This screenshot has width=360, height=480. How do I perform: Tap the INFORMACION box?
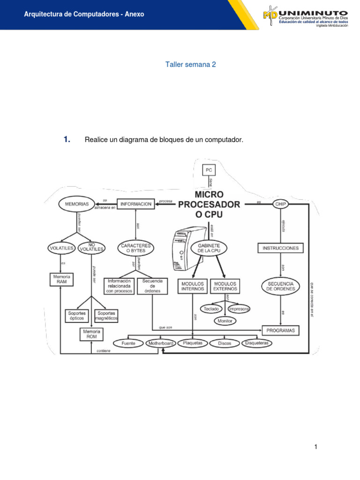pos(136,204)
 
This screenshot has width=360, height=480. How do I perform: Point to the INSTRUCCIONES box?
pos(280,248)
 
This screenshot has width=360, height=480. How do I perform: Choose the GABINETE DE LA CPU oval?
pos(209,248)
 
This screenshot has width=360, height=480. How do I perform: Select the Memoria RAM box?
pos(61,280)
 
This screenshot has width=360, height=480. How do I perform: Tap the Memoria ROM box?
pos(91,334)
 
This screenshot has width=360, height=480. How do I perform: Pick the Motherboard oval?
pos(161,344)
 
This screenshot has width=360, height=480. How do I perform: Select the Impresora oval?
pos(239,309)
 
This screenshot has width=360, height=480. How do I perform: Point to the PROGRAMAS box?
pos(280,330)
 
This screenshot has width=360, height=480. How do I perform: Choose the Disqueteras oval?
pos(257,343)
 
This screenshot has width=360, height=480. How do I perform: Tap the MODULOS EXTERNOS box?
pos(225,286)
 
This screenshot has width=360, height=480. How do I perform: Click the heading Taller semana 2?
pos(190,65)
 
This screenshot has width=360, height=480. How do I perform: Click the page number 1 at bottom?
pos(316,447)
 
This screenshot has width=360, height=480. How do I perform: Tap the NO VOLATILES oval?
pos(92,247)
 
